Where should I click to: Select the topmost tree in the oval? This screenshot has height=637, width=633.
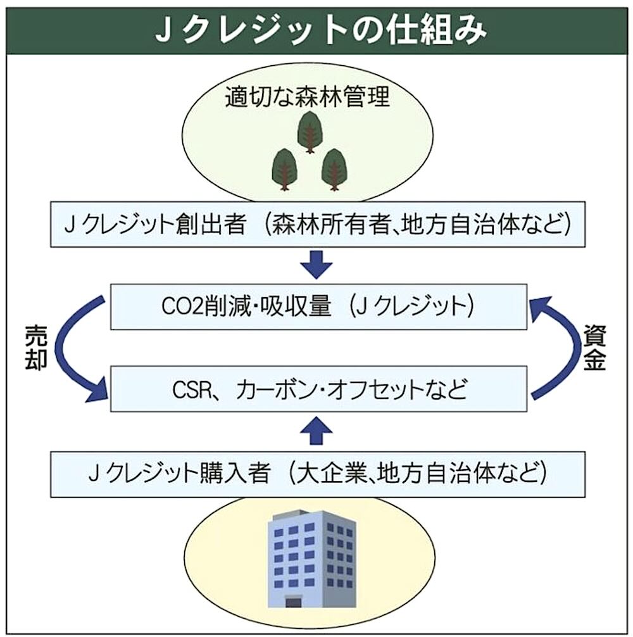click(x=311, y=130)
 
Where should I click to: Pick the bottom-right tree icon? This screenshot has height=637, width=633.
click(x=333, y=168)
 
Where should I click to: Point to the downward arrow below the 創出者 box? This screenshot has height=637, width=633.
click(x=316, y=265)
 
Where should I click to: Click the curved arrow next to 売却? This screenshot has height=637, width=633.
click(x=73, y=355)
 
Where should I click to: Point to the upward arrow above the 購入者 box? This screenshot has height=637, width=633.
click(x=316, y=431)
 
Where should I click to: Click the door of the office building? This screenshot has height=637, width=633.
click(x=292, y=599)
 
